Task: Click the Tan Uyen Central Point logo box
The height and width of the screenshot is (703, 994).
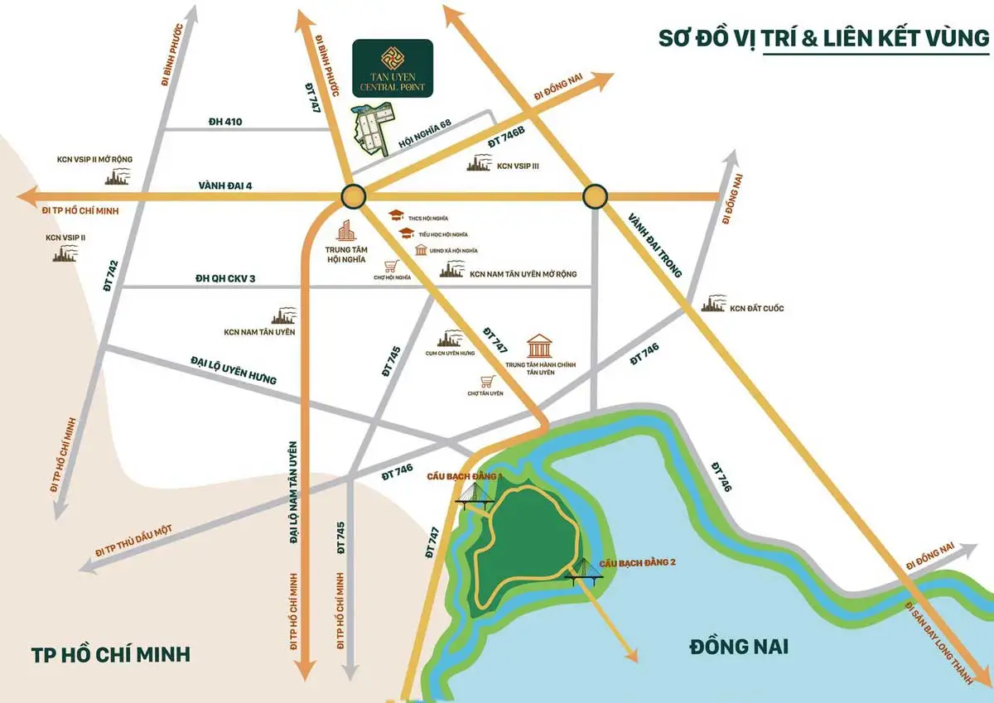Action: (392, 66)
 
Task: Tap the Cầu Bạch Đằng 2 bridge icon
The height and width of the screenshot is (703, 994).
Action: (585, 571)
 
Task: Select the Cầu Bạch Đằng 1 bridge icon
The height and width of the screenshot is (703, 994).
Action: (473, 494)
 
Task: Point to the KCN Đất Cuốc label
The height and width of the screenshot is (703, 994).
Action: (755, 308)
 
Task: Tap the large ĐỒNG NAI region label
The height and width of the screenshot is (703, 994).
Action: (739, 646)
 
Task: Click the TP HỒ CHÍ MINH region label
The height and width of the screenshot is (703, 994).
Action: (111, 655)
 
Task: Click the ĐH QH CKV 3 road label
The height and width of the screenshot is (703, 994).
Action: (224, 278)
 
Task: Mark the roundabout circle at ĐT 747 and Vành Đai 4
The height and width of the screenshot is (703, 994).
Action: (353, 196)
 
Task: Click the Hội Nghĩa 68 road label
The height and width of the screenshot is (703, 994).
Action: (425, 134)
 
